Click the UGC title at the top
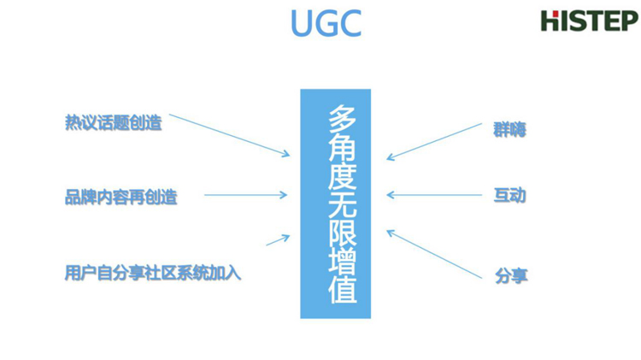[325, 23]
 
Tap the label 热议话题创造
[112, 122]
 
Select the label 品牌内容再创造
[121, 197]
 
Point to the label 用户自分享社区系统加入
[153, 274]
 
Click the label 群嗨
[509, 130]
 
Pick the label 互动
[509, 195]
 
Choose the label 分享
[509, 275]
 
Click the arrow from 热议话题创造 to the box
[228, 134]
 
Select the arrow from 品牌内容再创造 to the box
[246, 195]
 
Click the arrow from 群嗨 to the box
[434, 141]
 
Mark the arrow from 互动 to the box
[434, 195]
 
